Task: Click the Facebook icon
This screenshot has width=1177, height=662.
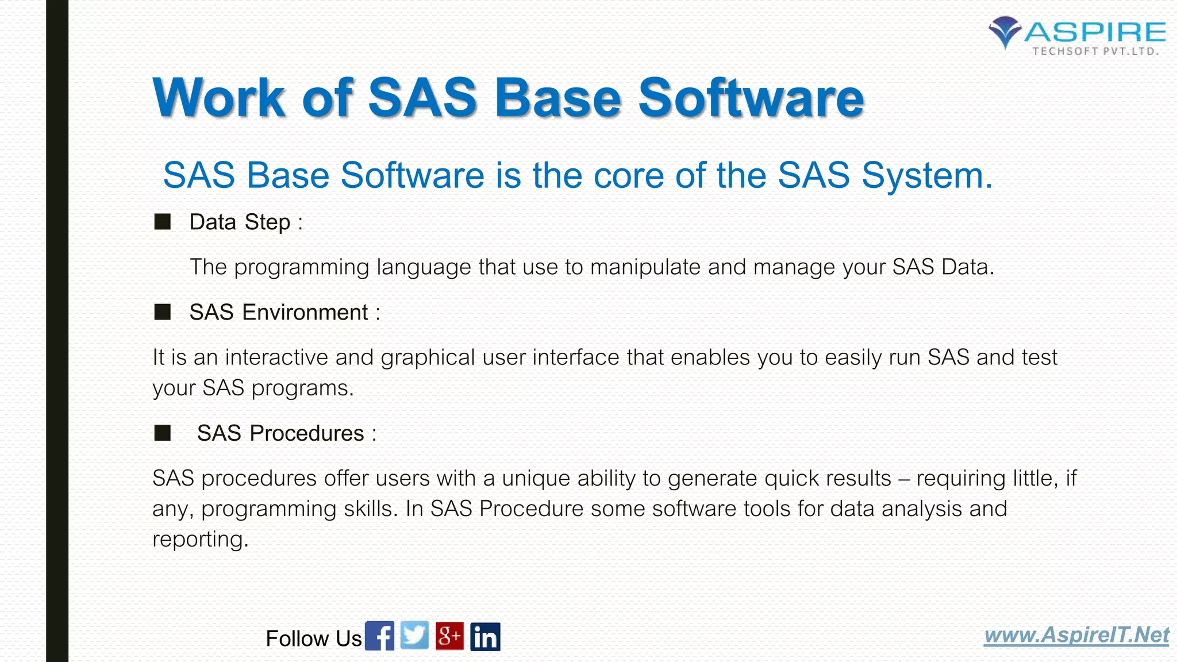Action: pyautogui.click(x=379, y=636)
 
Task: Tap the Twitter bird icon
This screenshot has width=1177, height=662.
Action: pyautogui.click(x=414, y=636)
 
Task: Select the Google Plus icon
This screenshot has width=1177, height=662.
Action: pyautogui.click(x=449, y=636)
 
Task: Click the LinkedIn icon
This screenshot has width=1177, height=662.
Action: pyautogui.click(x=485, y=637)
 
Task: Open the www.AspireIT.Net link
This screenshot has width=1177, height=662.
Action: pyautogui.click(x=1076, y=635)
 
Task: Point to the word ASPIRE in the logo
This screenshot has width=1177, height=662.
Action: pyautogui.click(x=1095, y=32)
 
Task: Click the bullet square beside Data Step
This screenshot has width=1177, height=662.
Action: pyautogui.click(x=163, y=222)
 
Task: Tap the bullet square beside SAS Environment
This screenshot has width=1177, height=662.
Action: pyautogui.click(x=163, y=312)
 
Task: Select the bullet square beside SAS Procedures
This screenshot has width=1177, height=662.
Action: pyautogui.click(x=163, y=433)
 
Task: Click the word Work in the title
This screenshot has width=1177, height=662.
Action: pyautogui.click(x=218, y=98)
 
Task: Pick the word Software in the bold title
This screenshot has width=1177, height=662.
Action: pyautogui.click(x=751, y=98)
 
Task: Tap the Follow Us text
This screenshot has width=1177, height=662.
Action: pyautogui.click(x=313, y=638)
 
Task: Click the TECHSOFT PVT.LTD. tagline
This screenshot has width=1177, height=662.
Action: pyautogui.click(x=1095, y=51)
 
